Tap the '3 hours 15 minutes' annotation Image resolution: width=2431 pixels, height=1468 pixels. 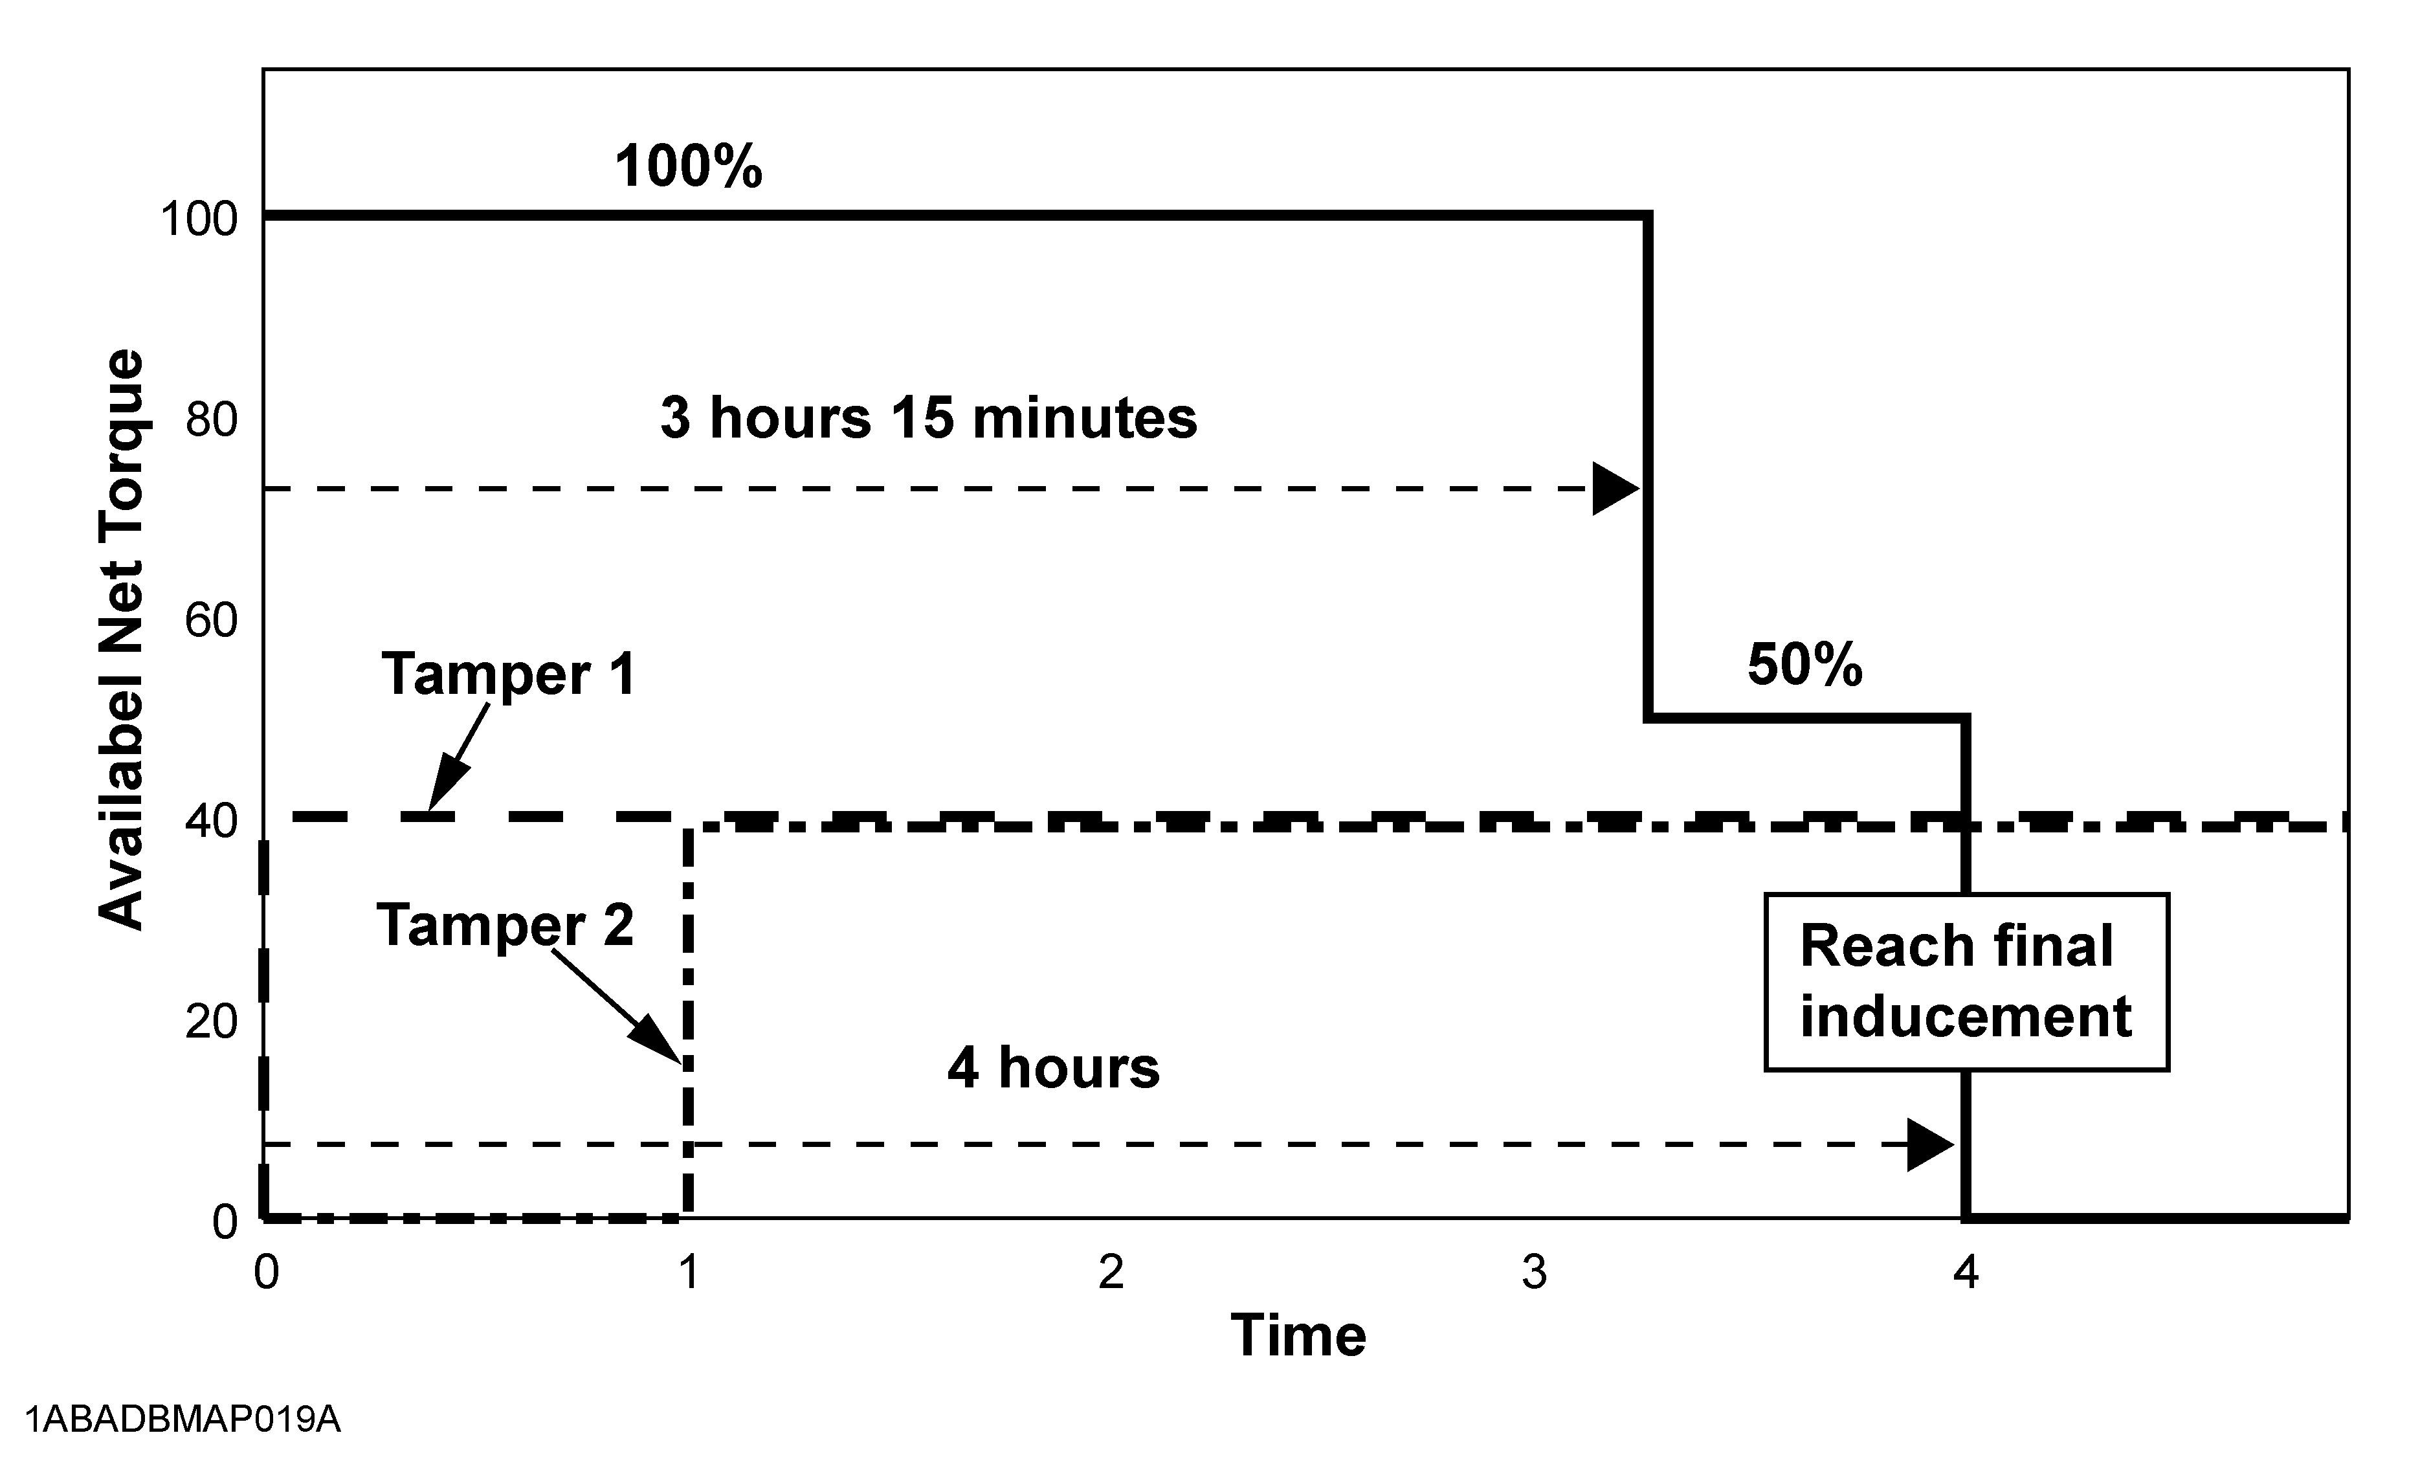coord(928,417)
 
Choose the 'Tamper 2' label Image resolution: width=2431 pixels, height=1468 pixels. coord(505,926)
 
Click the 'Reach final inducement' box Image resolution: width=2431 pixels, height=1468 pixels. coord(1966,982)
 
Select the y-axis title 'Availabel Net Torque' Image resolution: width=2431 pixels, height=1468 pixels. coord(122,639)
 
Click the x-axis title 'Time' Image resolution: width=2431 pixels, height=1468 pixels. coord(1298,1336)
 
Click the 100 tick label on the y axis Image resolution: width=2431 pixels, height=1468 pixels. coord(199,219)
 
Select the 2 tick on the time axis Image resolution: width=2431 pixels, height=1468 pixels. coord(1111,1273)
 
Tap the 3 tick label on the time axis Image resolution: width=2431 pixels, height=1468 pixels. coord(1534,1273)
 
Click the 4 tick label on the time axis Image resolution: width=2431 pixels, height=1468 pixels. coord(1966,1273)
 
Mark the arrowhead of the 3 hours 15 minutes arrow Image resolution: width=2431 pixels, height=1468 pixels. coord(1616,488)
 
